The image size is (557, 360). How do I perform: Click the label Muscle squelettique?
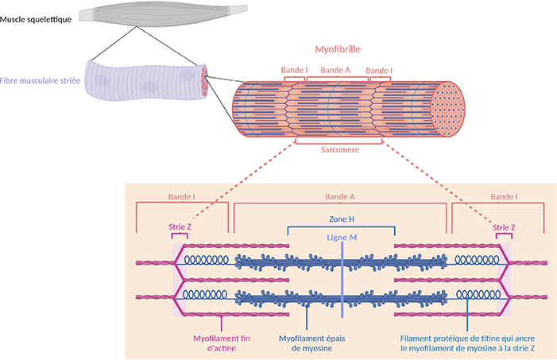coord(37,18)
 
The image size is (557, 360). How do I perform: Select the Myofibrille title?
coord(337,48)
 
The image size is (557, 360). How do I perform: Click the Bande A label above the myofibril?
coord(335,70)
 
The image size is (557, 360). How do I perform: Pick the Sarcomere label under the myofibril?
coord(338,149)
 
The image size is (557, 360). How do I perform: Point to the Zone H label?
coord(340,219)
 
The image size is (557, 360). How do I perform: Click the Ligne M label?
coord(342,237)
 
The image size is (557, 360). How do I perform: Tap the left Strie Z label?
coord(180,226)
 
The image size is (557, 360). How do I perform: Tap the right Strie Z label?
coord(505,226)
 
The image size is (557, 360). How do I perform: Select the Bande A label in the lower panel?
coord(340,195)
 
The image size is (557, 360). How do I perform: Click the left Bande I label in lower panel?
coord(182,195)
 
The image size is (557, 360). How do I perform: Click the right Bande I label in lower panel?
coord(504,195)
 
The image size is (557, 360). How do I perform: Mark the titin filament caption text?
coord(468,342)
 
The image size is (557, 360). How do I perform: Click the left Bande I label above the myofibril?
coord(294,70)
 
